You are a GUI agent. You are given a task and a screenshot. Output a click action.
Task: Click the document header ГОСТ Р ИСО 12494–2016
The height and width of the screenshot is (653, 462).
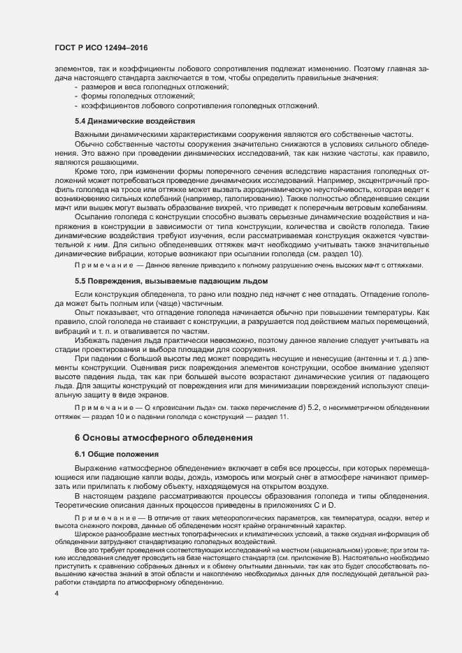[101, 47]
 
